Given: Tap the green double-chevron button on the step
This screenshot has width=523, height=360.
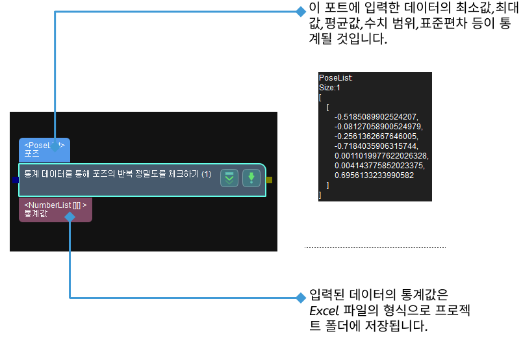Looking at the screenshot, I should tap(229, 178).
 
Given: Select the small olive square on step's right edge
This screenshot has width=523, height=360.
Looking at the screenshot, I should tap(270, 180).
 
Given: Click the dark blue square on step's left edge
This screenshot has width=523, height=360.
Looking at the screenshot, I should tap(16, 180).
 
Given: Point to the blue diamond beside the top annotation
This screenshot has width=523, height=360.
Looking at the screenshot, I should tap(300, 12).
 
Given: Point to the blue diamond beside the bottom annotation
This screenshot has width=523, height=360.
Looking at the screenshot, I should tap(300, 298).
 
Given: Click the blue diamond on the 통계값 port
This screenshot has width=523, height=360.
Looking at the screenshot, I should tap(70, 217).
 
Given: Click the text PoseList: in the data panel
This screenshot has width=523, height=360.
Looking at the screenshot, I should tap(336, 77).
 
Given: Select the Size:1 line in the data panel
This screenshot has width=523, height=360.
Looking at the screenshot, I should tap(329, 87).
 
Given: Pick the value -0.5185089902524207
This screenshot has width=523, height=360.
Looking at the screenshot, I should tap(376, 116).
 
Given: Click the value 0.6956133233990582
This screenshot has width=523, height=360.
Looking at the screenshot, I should tap(375, 175).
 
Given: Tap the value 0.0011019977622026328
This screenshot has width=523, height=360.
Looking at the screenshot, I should tap(381, 156).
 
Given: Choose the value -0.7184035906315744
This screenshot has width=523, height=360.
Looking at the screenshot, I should tap(376, 146).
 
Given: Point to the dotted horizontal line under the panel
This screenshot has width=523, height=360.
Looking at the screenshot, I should tap(376, 247).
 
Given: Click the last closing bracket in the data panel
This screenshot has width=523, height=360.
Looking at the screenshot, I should tap(320, 195).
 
